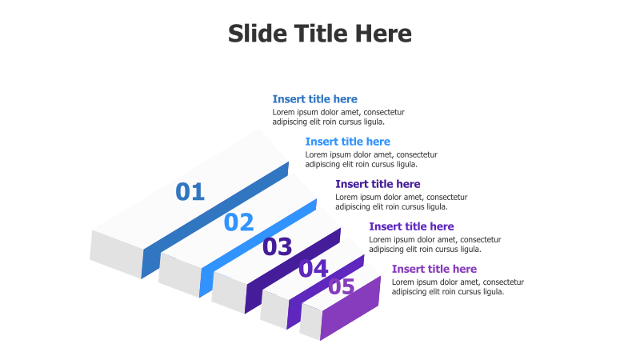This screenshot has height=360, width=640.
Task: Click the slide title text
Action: [x=319, y=34]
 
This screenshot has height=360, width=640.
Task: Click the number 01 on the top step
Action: [x=190, y=192]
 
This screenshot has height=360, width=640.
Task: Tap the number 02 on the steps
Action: [x=238, y=222]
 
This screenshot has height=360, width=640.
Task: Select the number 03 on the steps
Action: [x=278, y=247]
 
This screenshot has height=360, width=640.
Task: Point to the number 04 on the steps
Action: [x=314, y=269]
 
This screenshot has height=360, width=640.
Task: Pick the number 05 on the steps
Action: [x=342, y=286]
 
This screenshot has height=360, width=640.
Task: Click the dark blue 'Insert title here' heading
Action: [x=314, y=99]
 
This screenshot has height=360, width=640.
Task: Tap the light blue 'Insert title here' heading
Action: [x=347, y=142]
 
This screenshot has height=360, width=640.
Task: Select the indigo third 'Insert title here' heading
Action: [x=378, y=184]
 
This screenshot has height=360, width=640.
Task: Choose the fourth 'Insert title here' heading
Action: [x=411, y=226]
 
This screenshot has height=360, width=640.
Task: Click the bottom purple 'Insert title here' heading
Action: [x=434, y=269]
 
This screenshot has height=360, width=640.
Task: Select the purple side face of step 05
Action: [x=352, y=308]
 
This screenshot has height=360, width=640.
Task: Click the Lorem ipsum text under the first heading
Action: [x=338, y=117]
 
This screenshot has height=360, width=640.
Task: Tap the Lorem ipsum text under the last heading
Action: [x=457, y=286]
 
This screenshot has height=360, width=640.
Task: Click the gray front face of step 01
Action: [x=116, y=254]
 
